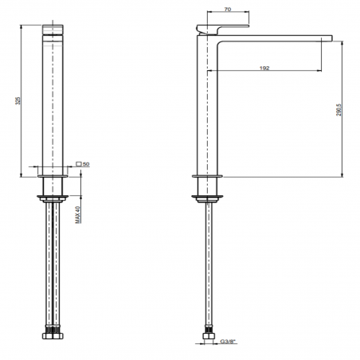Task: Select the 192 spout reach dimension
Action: (264, 68)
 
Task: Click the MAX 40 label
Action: (78, 216)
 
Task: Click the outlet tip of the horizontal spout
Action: (327, 37)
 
